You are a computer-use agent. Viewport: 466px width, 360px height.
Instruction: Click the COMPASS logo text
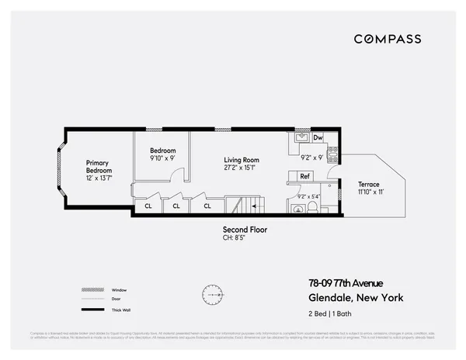(x=388, y=39)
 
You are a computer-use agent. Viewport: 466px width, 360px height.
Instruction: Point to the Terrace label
(x=369, y=188)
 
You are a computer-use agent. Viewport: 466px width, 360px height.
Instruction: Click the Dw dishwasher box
(x=318, y=137)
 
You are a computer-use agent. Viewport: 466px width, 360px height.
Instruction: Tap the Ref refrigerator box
(x=305, y=176)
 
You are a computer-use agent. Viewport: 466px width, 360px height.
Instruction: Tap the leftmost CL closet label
(x=148, y=206)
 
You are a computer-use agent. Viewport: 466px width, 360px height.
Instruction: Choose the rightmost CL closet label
(x=207, y=206)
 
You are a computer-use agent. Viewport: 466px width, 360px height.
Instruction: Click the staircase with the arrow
(x=249, y=206)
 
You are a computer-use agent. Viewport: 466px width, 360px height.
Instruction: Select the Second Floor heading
(x=245, y=230)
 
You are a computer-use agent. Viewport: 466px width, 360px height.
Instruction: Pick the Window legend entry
(x=118, y=289)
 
